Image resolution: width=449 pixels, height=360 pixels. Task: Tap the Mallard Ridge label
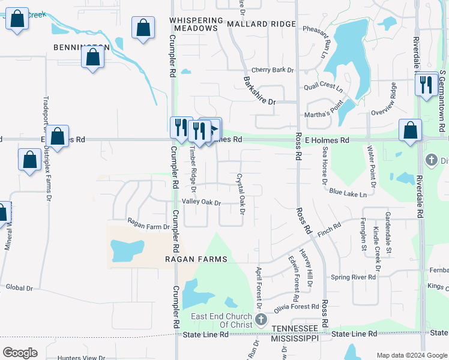tap(262, 24)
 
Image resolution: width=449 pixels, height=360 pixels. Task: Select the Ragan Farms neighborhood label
tap(196, 259)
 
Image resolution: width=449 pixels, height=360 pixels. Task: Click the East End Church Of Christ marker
tap(261, 319)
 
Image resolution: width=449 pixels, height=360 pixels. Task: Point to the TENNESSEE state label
tap(294, 329)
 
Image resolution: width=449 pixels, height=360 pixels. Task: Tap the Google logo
tap(20, 353)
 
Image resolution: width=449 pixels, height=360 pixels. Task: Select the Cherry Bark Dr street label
tap(273, 70)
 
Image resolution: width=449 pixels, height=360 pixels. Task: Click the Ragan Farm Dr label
tap(148, 227)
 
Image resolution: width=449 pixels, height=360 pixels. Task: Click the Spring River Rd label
tap(354, 277)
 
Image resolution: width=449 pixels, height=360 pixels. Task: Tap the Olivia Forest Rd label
tap(296, 307)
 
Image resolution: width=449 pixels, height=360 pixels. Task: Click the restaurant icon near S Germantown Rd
tap(427, 84)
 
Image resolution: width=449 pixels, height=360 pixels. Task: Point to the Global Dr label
tap(19, 287)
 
